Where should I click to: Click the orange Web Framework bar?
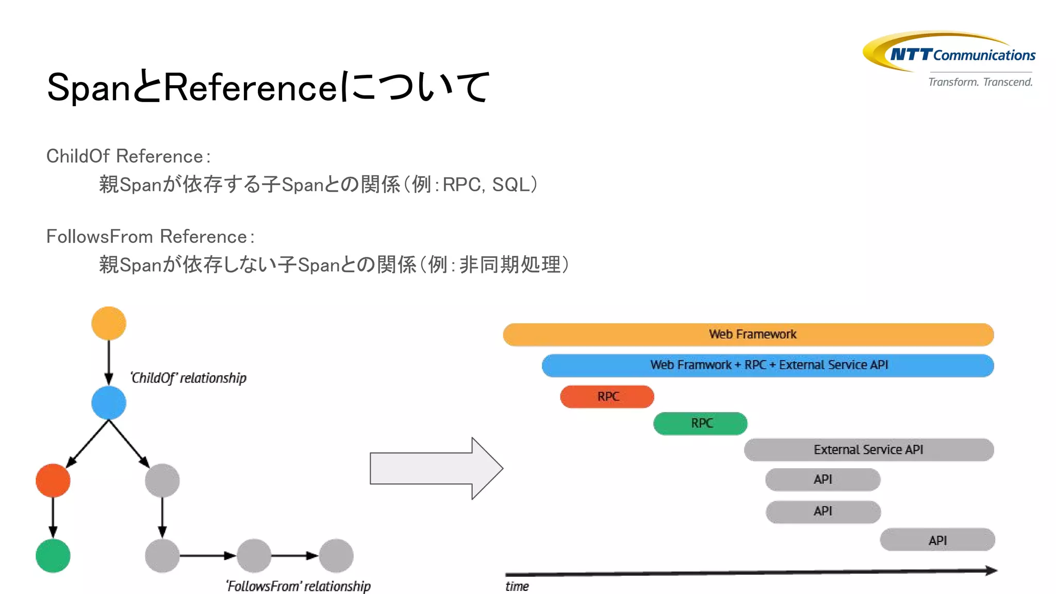[x=748, y=335]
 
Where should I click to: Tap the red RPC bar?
[x=607, y=397]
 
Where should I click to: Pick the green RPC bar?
[x=700, y=423]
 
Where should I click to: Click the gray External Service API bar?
[x=869, y=450]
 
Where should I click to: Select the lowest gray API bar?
[x=937, y=540]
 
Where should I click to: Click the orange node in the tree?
[x=108, y=323]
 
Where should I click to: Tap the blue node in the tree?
[x=108, y=403]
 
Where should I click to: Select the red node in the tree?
[x=53, y=480]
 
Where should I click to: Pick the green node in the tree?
[x=53, y=555]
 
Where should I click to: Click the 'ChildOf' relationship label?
[x=188, y=378]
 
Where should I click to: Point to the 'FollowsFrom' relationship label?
[x=298, y=586]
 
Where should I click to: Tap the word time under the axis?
[x=517, y=586]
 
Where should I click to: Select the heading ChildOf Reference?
[x=128, y=156]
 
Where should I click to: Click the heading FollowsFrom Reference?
[x=150, y=237]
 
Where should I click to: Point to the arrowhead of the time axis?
[x=991, y=570]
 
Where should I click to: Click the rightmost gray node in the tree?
[x=336, y=555]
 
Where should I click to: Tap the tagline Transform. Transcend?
[x=980, y=82]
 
